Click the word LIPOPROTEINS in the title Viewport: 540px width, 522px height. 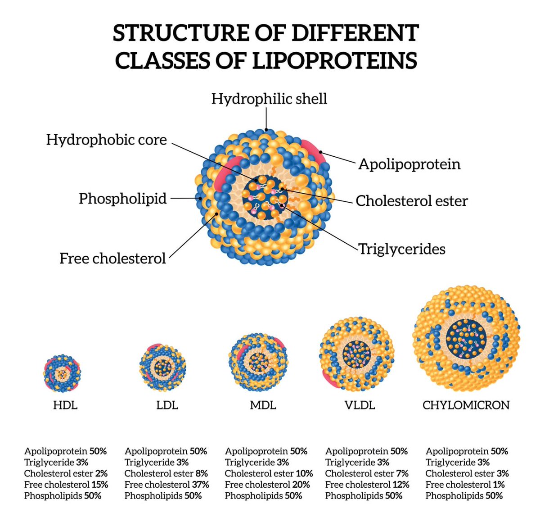coord(334,60)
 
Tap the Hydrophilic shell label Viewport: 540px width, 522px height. coord(269,99)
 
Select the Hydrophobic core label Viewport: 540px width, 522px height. coord(106,140)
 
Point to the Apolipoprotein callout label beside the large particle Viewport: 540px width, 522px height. coord(409,164)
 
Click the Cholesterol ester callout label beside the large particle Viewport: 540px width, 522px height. coord(411,201)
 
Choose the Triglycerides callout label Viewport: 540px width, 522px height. coord(401,249)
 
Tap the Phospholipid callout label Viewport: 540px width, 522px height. coord(122,199)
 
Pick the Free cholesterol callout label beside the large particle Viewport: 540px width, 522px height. coord(112,259)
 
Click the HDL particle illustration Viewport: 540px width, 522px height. coord(62,373)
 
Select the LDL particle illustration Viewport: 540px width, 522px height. coord(162,367)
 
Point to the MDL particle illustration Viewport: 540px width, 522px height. coord(258,362)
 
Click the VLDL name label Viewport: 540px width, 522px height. coord(360,405)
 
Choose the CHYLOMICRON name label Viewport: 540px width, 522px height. coord(466,405)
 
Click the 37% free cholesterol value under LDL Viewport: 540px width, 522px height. coord(200,485)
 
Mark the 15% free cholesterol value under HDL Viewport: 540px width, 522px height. coord(99,485)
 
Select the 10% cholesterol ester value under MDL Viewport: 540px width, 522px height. coord(304,473)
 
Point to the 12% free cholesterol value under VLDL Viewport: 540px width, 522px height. coord(400,485)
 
